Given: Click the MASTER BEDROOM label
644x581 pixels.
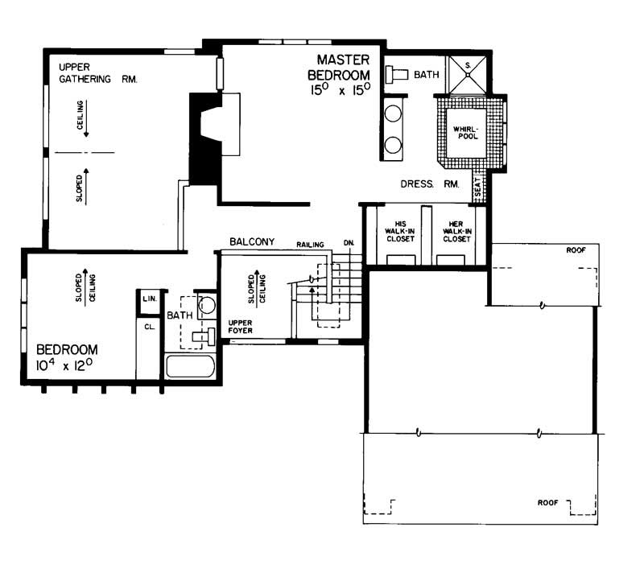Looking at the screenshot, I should pos(342,67).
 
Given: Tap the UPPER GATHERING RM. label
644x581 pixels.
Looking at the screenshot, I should pos(97,72).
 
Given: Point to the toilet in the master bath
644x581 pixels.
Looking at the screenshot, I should pos(397,75).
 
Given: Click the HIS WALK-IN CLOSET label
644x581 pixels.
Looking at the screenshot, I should pos(398,231).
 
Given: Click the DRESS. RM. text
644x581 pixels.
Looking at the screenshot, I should pos(430,184).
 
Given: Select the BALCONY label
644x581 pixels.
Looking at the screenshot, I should pos(252,241).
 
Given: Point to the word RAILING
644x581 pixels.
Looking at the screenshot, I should pos(309,243).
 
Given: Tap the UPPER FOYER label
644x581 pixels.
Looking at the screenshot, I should pos(242,326).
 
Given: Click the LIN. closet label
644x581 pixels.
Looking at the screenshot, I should pos(148,299).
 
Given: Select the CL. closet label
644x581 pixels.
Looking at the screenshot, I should pos(149,328).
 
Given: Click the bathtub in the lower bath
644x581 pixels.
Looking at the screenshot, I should pos(190,369).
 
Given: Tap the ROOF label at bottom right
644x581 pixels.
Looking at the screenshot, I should pos(548,503).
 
